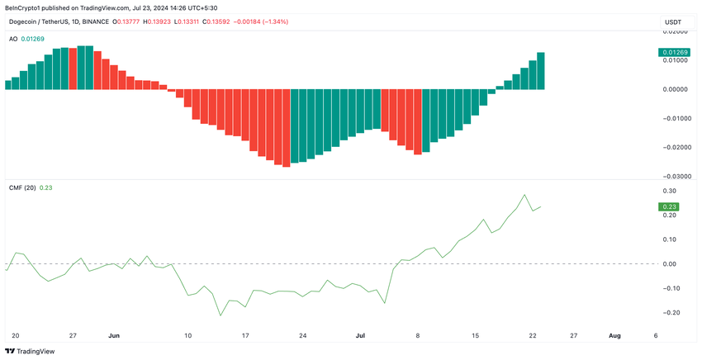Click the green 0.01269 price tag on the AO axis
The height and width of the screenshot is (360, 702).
point(672,53)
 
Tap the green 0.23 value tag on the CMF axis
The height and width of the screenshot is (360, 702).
point(666,206)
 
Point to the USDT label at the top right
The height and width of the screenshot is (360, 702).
point(673,21)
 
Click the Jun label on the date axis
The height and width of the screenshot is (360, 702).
point(114,336)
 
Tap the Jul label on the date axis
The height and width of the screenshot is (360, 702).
point(360,336)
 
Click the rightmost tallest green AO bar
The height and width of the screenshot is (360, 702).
point(541,70)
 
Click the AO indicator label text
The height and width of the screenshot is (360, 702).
point(12,39)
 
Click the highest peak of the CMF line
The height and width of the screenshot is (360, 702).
point(524,195)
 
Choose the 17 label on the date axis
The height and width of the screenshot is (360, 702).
point(245,336)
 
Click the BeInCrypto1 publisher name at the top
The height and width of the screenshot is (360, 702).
point(28,7)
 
